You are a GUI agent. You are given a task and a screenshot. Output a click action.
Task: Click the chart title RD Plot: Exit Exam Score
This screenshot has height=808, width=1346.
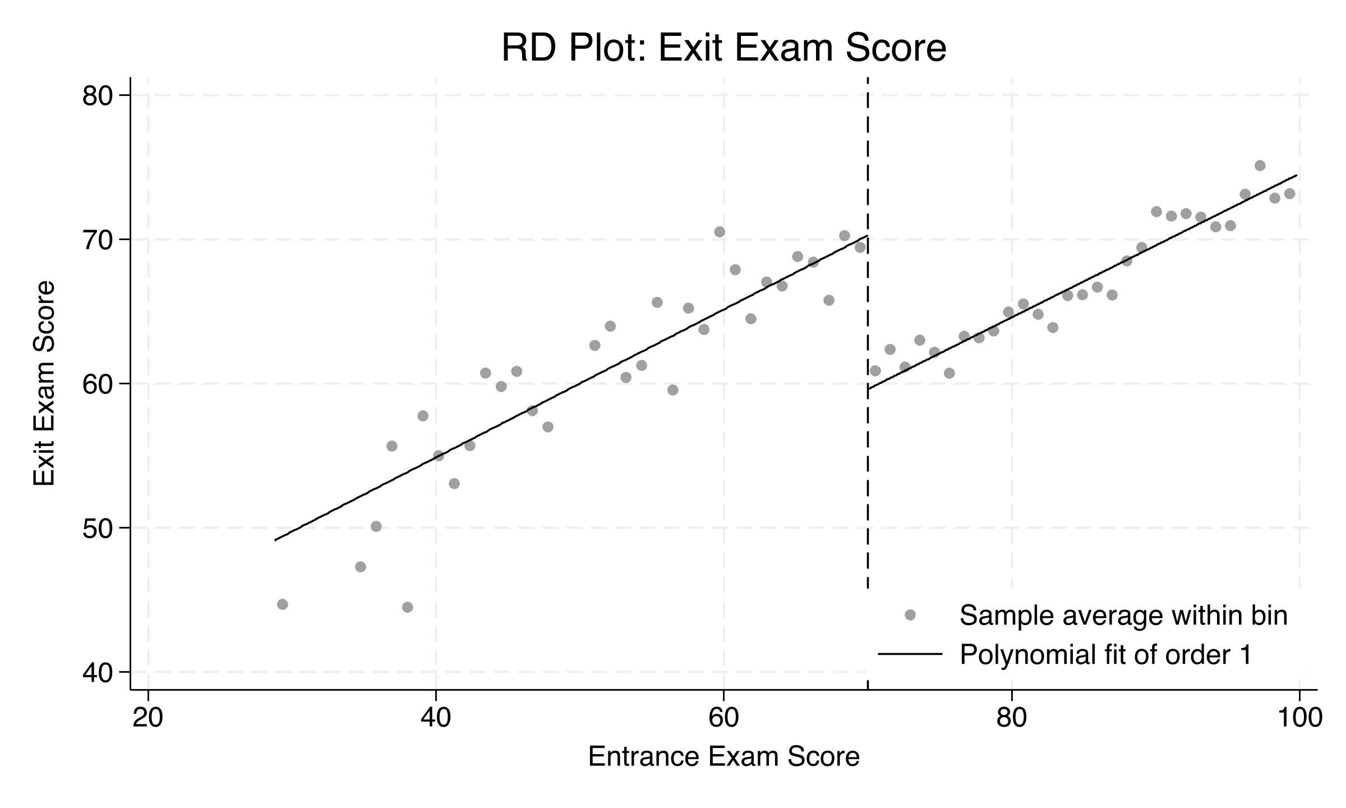723,48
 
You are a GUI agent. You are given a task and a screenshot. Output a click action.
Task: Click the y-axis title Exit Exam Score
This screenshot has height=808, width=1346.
44,383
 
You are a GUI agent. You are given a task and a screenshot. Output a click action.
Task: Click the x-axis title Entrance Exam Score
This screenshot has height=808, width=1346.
723,756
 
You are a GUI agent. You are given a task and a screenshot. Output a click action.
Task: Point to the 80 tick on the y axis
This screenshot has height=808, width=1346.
98,95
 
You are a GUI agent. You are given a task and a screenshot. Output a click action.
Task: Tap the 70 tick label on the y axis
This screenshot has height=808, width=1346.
98,240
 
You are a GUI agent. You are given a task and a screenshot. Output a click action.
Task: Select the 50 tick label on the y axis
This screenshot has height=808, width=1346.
98,528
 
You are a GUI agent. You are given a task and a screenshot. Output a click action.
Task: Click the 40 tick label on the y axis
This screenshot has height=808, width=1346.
98,672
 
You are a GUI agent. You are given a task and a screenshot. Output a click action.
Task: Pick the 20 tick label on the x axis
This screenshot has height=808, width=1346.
147,719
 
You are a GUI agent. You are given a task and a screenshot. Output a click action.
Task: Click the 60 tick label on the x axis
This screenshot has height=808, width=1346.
723,719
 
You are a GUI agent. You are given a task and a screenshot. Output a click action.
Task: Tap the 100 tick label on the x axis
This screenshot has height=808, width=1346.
1299,719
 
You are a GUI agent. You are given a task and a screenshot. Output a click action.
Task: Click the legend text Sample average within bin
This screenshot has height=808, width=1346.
1123,616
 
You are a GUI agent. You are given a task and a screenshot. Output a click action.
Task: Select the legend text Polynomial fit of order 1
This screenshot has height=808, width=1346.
1106,654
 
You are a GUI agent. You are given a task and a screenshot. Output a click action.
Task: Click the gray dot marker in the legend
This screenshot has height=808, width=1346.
910,615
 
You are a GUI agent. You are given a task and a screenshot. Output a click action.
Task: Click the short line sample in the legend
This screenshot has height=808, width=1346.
910,654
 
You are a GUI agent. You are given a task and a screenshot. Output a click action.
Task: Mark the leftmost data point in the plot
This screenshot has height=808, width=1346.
283,604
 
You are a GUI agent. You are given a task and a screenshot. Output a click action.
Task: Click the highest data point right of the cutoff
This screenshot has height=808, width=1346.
1260,166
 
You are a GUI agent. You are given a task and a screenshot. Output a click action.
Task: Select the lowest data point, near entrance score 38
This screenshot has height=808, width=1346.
408,607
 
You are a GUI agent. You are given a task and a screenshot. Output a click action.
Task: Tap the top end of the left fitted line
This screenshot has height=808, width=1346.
867,236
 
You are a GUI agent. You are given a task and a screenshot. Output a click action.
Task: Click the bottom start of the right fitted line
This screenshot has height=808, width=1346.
868,388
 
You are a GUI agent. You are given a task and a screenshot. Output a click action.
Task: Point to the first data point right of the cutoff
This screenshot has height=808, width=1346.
875,371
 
